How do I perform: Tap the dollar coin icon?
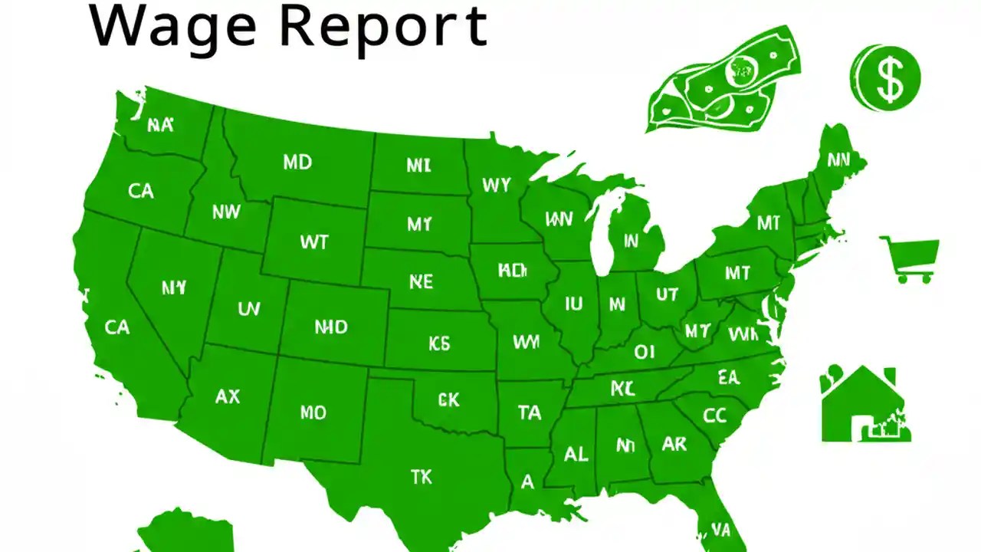click(886, 77)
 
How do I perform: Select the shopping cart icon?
click(910, 259)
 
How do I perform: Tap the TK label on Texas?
click(421, 477)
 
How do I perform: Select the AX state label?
click(228, 396)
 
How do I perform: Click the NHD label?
click(331, 327)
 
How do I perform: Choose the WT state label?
click(314, 242)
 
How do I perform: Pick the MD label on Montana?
click(297, 163)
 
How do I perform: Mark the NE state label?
click(421, 282)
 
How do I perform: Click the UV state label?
click(248, 309)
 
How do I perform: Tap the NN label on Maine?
click(838, 160)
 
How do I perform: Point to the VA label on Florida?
click(720, 529)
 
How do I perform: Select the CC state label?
click(714, 416)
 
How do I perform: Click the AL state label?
click(576, 454)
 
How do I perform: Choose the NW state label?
click(226, 212)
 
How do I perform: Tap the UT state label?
click(668, 294)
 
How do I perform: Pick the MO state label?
click(313, 413)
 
